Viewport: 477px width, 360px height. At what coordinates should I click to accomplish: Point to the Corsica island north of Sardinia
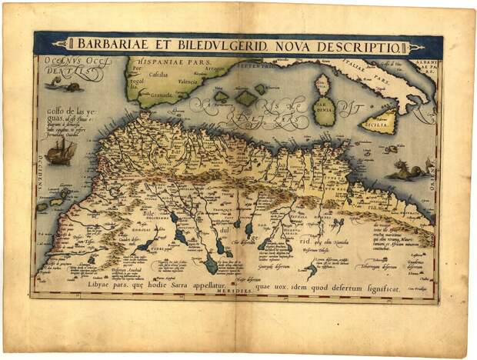click(x=322, y=80)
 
